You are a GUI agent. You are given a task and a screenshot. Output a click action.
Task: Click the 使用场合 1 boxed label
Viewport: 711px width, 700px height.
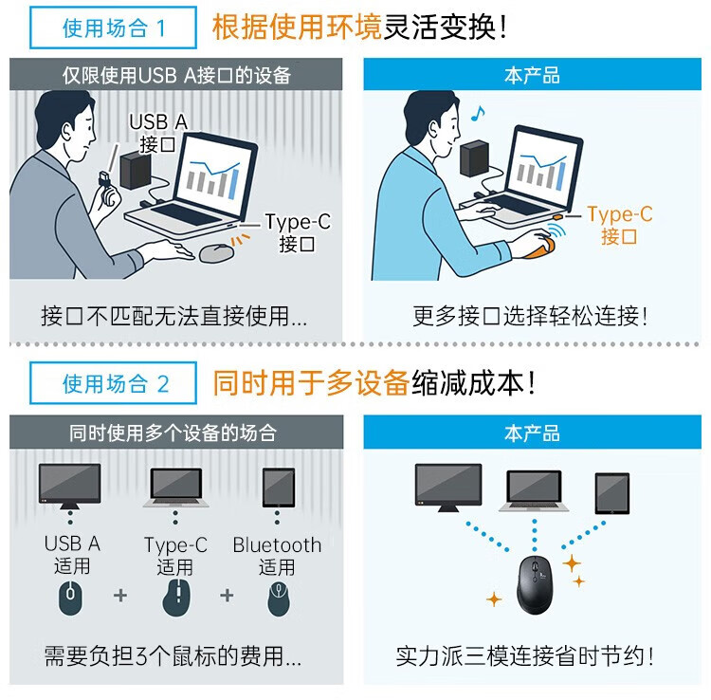pyautogui.click(x=113, y=28)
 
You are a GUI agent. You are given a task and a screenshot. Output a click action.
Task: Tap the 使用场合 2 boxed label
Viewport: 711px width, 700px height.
pyautogui.click(x=113, y=383)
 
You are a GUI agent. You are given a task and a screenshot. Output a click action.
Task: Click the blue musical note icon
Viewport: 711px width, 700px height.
pyautogui.click(x=478, y=114)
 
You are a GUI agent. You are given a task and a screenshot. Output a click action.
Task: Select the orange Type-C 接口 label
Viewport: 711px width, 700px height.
pyautogui.click(x=619, y=225)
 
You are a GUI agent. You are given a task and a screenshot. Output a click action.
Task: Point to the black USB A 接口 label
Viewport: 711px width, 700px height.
pyautogui.click(x=157, y=134)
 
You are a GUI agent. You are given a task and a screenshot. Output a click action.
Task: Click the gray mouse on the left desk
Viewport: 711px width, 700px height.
pyautogui.click(x=216, y=252)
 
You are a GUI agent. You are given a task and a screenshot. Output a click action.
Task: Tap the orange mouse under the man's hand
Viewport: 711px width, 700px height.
pyautogui.click(x=541, y=248)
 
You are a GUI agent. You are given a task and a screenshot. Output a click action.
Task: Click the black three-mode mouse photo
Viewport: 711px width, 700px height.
pyautogui.click(x=535, y=585)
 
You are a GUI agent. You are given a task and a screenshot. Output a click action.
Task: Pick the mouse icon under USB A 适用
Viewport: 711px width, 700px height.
pyautogui.click(x=71, y=598)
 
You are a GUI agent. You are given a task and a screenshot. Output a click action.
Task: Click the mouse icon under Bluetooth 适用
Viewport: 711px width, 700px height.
pyautogui.click(x=279, y=599)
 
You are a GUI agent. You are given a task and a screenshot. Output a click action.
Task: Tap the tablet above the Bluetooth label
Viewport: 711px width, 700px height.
pyautogui.click(x=279, y=488)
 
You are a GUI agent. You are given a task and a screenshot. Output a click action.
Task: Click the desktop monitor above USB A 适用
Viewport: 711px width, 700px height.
pyautogui.click(x=70, y=486)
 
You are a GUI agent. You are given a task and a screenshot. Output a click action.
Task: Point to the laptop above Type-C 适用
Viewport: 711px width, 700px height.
pyautogui.click(x=176, y=488)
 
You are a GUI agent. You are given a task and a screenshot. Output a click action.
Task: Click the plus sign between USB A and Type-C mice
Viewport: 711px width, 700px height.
pyautogui.click(x=120, y=596)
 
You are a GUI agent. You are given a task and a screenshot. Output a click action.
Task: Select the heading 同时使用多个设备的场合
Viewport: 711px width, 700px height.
pyautogui.click(x=173, y=433)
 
